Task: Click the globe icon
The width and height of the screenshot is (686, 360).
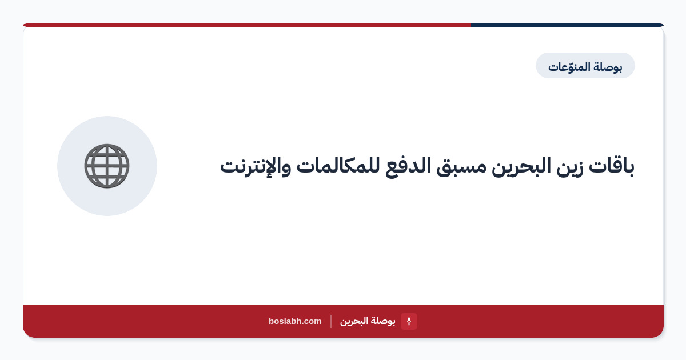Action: click(107, 166)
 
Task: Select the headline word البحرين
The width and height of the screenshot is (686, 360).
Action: click(521, 167)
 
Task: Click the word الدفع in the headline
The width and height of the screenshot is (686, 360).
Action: click(408, 167)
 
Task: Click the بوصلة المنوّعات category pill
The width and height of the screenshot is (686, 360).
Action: click(585, 66)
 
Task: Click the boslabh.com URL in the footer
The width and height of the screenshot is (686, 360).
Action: click(295, 321)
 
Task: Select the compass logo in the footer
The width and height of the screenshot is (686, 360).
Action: click(409, 321)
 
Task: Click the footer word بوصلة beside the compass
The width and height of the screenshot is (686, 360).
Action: click(383, 321)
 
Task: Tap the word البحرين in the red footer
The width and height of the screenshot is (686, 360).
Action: click(354, 321)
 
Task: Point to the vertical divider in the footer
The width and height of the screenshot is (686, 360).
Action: click(331, 321)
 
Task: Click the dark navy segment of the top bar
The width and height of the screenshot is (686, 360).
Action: click(567, 25)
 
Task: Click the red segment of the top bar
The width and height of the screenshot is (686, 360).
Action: click(247, 25)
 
